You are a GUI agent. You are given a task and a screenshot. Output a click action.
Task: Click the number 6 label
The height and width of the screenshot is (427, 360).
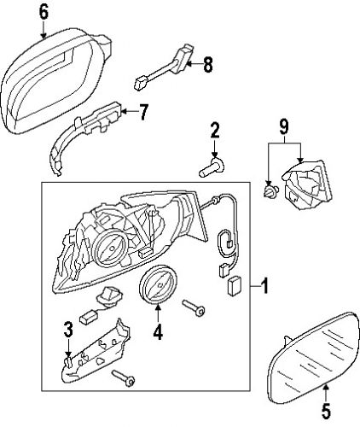[44, 12]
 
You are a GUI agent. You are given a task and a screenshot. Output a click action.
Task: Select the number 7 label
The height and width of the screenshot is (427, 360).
[143, 110]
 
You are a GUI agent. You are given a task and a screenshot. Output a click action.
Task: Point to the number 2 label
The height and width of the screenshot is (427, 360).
[214, 131]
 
